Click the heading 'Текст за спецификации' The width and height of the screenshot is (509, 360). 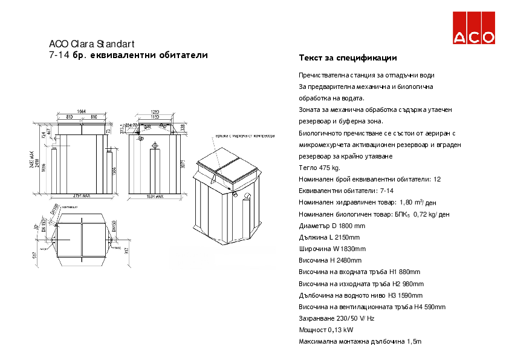(x=348, y=58)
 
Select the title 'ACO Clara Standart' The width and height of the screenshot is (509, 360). (x=91, y=44)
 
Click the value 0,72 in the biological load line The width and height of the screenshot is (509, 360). (x=421, y=214)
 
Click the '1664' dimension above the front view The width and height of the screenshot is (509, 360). (x=82, y=111)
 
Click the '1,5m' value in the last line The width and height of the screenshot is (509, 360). (x=414, y=341)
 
